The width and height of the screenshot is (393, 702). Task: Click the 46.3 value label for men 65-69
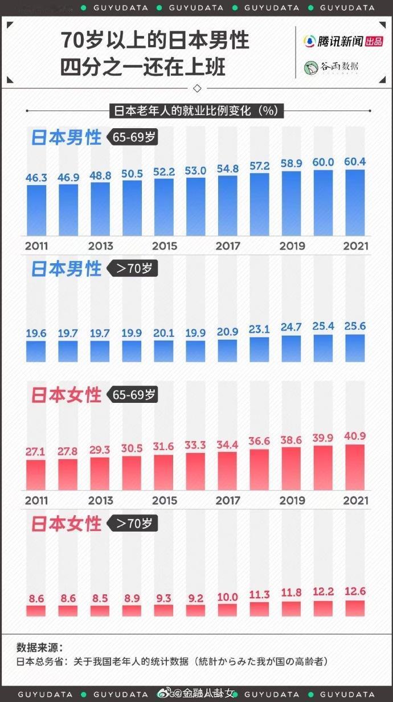coord(36,178)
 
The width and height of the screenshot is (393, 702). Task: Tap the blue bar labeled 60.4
coord(355,202)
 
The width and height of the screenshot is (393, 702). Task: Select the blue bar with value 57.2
coord(259,205)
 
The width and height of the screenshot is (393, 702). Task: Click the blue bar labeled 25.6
coord(355,348)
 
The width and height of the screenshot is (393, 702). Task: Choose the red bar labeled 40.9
coord(355,467)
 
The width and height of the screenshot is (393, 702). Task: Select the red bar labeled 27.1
coord(36,474)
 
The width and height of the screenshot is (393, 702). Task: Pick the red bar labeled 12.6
coord(355,608)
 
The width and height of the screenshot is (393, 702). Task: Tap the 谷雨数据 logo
coord(331,67)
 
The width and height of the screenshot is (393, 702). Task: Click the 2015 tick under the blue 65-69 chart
coord(164,246)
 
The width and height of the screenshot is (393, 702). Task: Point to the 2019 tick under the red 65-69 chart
coord(292,501)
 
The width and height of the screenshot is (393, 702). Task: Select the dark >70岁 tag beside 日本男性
coord(134,268)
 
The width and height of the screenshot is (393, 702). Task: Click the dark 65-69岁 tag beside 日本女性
coord(134,395)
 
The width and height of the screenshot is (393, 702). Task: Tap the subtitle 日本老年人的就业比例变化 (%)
coord(197,111)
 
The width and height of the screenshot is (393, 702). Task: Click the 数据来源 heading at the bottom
coord(40,648)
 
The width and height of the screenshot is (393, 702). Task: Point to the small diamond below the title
coord(197,88)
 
